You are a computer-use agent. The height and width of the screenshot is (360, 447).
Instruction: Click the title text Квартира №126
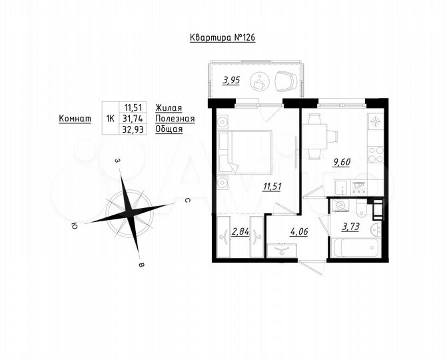coord(223,38)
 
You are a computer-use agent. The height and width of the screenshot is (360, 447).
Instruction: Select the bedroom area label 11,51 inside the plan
coord(272,186)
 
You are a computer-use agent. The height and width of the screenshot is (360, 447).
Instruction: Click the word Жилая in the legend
coord(168,107)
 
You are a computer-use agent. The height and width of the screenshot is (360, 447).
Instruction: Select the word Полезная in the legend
coord(174,118)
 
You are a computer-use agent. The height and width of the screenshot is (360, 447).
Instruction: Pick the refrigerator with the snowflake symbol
coord(374,122)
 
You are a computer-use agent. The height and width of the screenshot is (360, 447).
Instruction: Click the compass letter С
coord(189,199)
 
